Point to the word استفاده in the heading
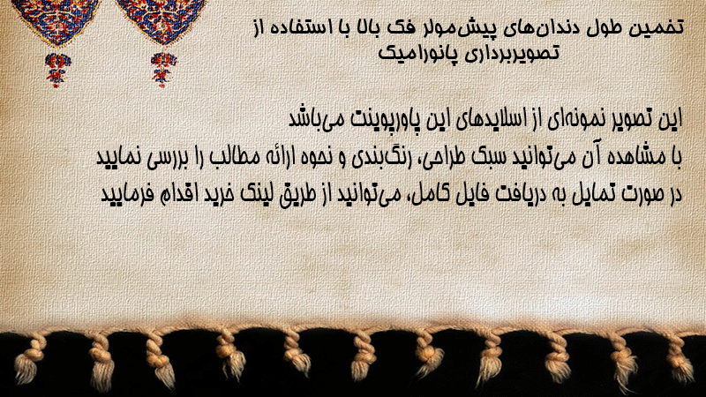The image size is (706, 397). pos(306,27)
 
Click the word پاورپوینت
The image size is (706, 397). pos(373,120)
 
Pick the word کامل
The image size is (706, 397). pos(424,193)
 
